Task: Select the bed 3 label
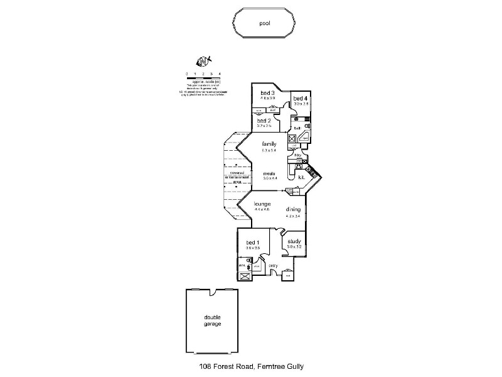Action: pos(268,93)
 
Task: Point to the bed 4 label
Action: pos(301,98)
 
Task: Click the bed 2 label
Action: pos(264,120)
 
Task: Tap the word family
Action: pos(269,144)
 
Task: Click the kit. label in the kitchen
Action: pos(302,178)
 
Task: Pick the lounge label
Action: pos(262,204)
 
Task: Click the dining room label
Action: pos(293,209)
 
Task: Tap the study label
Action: pos(294,241)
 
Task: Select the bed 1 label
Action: pos(252,242)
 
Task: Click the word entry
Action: pos(274,266)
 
